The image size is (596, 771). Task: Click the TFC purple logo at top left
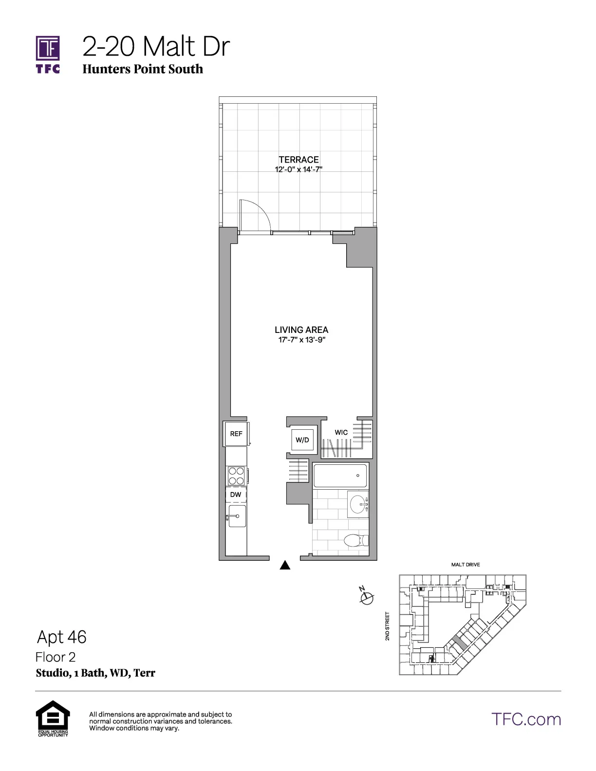48,54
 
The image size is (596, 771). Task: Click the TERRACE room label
298,160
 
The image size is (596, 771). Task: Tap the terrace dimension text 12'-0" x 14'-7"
298,170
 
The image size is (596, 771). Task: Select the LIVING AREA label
301,330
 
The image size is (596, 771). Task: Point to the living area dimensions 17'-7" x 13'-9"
301,340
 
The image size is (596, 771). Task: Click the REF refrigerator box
236,434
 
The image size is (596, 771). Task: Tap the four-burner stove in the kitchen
236,475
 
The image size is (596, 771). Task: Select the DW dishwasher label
236,495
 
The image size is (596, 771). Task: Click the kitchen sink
237,516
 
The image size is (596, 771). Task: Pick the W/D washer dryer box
302,440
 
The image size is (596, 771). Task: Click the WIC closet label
341,432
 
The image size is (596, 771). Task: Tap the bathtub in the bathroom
340,476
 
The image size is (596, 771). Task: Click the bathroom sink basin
358,503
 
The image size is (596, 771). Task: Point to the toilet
355,540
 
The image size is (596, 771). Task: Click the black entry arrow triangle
285,565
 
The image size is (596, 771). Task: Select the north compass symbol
367,596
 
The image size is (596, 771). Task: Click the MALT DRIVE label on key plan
466,565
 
